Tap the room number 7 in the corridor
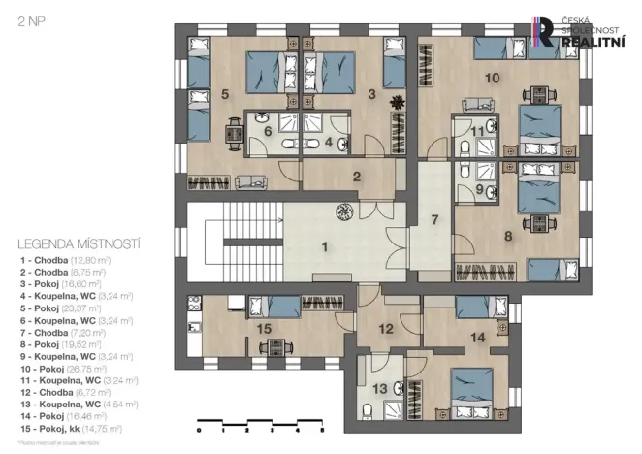coord(435,218)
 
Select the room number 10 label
coord(492,77)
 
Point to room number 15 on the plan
coord(263,330)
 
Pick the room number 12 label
coord(386,329)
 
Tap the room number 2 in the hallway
coord(357,177)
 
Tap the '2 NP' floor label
coord(27,19)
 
